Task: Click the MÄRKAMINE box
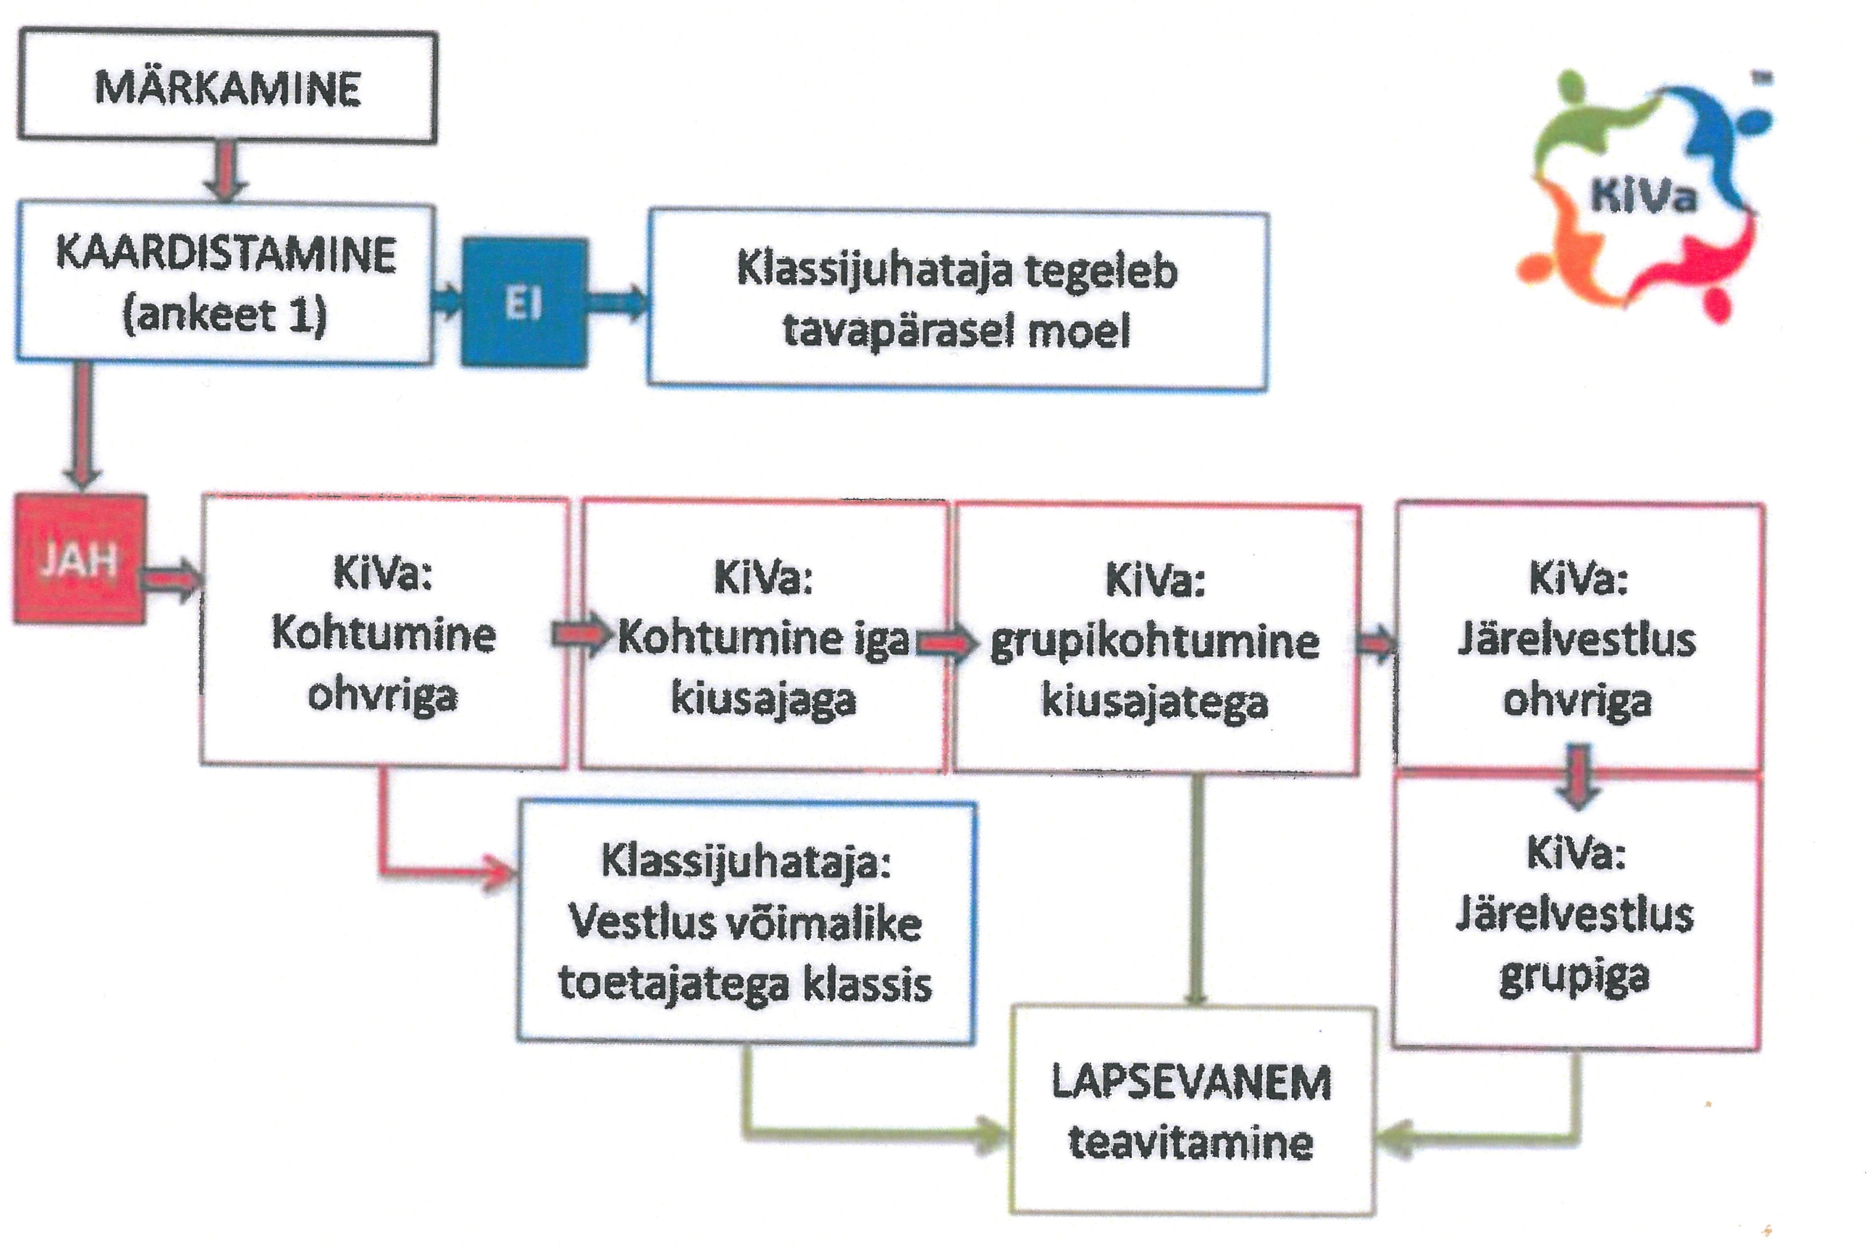[x=228, y=86]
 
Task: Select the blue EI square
[x=524, y=302]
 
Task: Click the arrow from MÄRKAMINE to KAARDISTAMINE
[x=225, y=171]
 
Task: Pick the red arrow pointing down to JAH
[x=81, y=426]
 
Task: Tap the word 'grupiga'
[x=1574, y=977]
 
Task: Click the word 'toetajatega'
[x=673, y=985]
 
